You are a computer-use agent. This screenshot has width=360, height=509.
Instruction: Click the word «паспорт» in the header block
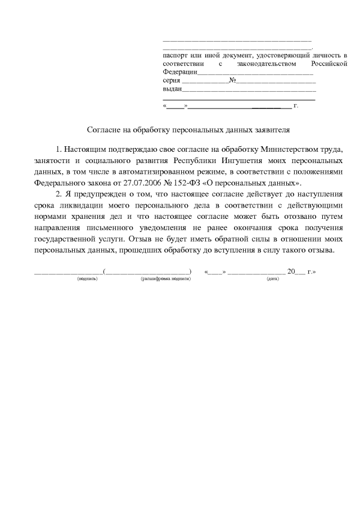175,56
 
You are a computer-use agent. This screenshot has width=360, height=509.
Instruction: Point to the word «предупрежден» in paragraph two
101,195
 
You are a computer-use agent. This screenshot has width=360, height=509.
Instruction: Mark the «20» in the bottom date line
291,271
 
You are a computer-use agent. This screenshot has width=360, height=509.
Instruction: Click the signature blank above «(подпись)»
69,272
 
